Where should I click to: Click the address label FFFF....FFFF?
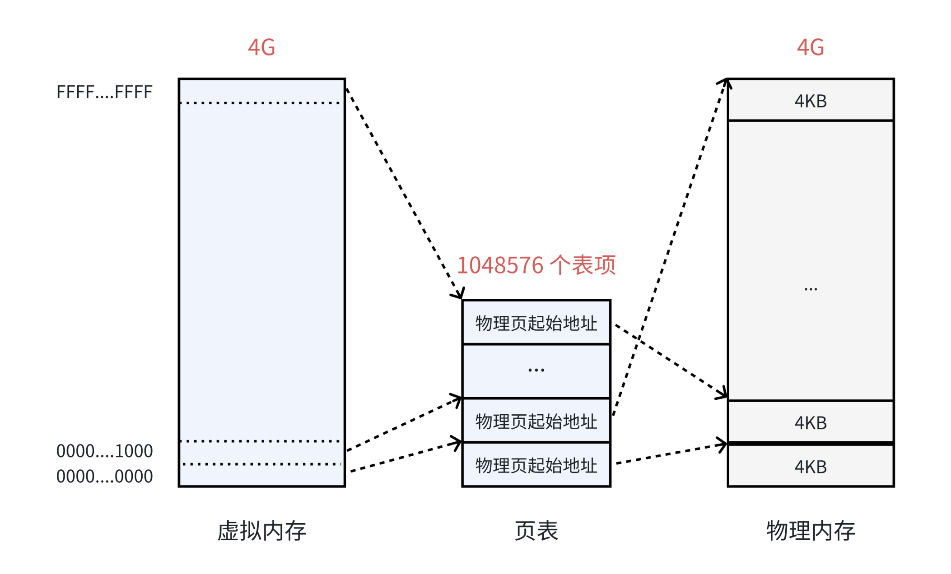104,92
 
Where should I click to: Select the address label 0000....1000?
104,451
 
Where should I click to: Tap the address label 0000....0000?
104,477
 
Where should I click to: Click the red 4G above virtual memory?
261,47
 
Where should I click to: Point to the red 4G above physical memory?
810,47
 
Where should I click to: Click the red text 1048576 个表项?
536,265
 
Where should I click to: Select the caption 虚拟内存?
261,531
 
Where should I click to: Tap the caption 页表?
536,531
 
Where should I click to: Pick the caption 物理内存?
810,531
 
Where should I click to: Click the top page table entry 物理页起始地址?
536,323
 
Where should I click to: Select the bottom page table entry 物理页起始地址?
536,465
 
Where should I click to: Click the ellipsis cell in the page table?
536,370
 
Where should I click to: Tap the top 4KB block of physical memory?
810,101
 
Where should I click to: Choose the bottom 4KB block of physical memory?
810,467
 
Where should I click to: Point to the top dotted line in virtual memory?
261,103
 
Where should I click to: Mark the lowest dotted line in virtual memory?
261,464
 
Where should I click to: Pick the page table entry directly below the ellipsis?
536,421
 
